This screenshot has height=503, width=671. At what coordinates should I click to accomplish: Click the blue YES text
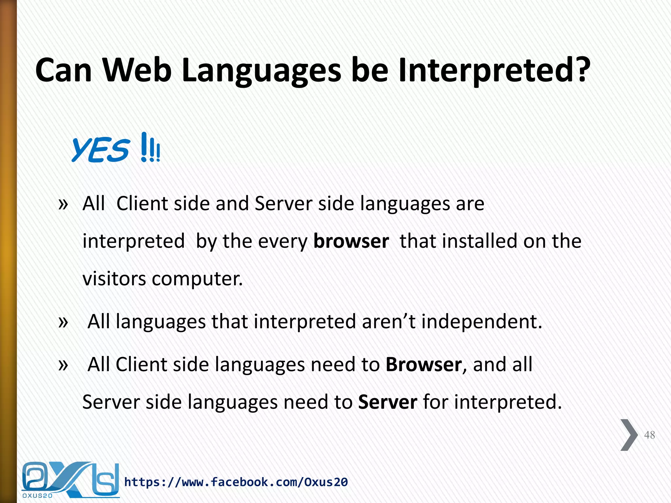coord(100,150)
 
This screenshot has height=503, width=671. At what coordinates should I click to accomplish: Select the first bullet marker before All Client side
coord(63,204)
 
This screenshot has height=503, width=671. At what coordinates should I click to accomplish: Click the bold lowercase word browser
coord(351,241)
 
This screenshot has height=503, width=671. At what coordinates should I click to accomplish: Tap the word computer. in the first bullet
coord(197,279)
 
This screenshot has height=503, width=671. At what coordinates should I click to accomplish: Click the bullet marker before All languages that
coord(63,322)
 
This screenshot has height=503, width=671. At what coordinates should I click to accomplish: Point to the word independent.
coord(482,322)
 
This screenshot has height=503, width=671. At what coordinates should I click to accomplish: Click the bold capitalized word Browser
coord(424,364)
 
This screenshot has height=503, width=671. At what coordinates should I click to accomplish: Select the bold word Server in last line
coord(388,402)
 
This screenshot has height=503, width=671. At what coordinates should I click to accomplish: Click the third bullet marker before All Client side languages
coord(63,365)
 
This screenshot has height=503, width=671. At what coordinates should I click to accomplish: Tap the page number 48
coord(649,435)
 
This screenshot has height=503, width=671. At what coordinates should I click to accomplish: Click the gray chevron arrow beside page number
coord(628,435)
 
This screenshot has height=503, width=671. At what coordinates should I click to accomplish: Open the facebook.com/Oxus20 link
coord(236,482)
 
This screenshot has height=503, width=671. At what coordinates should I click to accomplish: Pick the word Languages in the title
coord(261,70)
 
